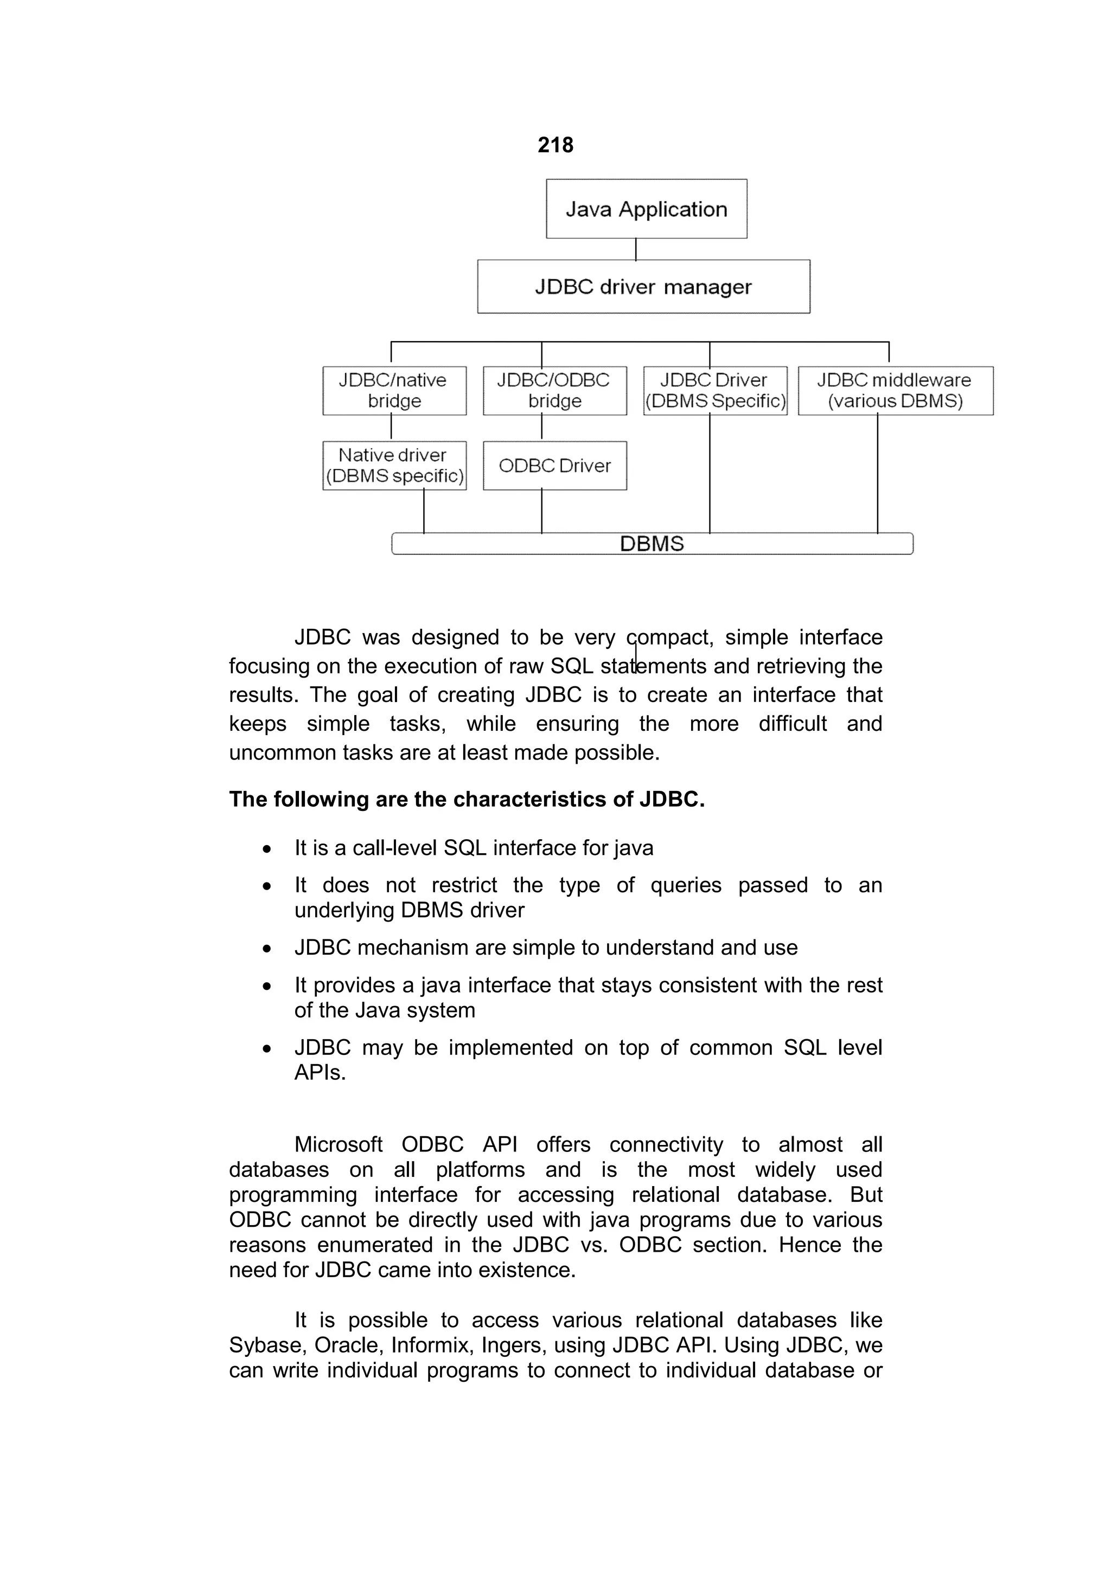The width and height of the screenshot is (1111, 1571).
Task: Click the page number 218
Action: pos(555,145)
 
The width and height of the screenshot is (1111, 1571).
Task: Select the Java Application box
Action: pos(646,209)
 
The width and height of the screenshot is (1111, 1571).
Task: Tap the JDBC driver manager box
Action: pos(643,287)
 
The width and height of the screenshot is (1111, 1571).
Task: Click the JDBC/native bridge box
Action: pos(394,391)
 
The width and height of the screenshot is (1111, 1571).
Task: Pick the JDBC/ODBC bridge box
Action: pos(554,391)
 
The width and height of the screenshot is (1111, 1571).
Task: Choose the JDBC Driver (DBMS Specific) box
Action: pos(716,391)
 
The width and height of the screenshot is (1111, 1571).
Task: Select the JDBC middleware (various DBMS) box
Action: pos(896,391)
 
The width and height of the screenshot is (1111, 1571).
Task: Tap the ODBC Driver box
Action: pos(554,466)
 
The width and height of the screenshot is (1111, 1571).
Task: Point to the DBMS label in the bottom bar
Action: pos(652,544)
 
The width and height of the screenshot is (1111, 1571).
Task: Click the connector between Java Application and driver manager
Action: pos(636,249)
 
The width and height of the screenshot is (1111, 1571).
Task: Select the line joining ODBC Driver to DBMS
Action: pos(541,511)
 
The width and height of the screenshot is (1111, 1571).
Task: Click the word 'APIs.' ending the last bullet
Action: pos(320,1073)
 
